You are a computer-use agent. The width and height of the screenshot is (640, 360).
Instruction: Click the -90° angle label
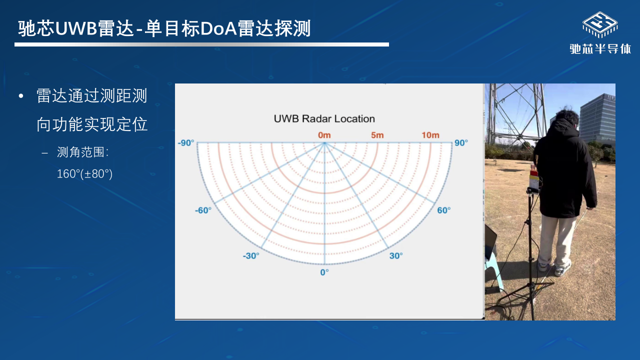pos(186,142)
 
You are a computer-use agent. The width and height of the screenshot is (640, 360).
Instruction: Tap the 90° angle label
pos(461,142)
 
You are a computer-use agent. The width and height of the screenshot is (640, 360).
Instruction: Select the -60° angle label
pos(203,210)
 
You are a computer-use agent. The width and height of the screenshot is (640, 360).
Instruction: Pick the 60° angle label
pos(443,210)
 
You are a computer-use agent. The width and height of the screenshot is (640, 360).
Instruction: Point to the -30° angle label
pos(251,255)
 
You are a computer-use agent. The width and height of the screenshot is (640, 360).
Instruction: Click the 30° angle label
pos(396,255)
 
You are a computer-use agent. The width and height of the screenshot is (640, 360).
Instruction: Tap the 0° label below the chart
pos(324,272)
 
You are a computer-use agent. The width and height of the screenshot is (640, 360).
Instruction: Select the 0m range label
pos(324,135)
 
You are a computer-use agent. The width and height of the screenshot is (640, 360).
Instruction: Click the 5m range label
pos(377,135)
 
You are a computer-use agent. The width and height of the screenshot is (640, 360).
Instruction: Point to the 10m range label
pos(430,135)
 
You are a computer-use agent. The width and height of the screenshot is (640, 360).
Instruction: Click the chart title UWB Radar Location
pos(324,118)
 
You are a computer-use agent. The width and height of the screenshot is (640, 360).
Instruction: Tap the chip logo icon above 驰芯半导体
pos(600,25)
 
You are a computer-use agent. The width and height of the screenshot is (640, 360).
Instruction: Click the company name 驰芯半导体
pos(600,49)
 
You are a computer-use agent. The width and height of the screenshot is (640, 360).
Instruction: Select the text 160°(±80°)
pos(84,173)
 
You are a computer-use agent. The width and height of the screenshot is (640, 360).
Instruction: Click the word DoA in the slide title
pos(218,28)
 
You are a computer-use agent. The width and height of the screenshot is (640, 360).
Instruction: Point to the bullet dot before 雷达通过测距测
pos(21,96)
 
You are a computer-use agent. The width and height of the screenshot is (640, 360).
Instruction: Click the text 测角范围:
pos(83,152)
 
